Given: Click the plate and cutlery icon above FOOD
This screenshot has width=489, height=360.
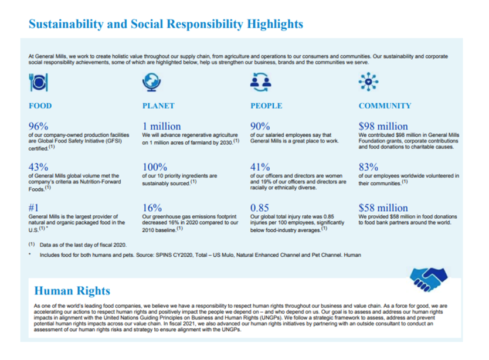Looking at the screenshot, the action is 38,82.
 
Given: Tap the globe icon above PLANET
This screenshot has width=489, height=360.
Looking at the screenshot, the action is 151,82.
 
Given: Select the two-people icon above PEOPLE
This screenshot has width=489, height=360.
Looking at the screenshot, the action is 260,82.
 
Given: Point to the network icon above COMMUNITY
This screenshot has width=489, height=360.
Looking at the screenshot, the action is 368,81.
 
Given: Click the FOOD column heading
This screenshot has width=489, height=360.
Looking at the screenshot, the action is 40,106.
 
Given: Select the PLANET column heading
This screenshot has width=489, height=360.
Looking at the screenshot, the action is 158,106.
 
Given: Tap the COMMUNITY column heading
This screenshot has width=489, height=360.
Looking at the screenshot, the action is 385,106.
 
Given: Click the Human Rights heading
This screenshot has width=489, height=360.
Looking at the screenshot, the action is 72,291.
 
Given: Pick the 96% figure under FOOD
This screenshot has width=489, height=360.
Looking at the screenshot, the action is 38,126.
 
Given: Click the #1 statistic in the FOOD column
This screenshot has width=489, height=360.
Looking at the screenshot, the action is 33,208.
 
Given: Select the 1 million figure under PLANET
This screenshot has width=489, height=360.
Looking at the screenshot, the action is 162,126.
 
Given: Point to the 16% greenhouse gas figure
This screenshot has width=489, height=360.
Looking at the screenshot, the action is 152,208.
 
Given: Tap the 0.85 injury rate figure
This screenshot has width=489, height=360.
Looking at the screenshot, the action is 260,208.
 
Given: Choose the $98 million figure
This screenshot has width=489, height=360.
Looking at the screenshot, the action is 383,126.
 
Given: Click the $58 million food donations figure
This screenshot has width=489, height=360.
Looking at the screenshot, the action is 383,208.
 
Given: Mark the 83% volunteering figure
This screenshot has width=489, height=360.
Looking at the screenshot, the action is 368,167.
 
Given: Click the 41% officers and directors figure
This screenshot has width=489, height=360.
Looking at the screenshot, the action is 260,167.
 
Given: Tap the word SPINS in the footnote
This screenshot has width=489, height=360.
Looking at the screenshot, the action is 164,255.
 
